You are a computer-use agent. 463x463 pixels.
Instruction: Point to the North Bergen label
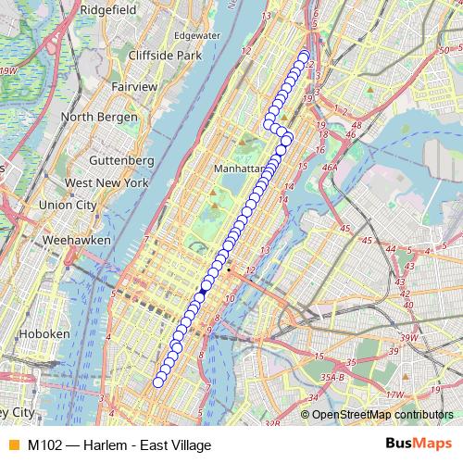pyautogui.click(x=99, y=118)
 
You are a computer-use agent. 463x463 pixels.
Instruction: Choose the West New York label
pyautogui.click(x=107, y=183)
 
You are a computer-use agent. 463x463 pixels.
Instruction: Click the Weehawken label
pyautogui.click(x=77, y=240)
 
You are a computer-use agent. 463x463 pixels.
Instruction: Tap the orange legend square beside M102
pyautogui.click(x=12, y=444)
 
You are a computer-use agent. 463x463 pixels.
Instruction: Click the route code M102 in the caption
pyautogui.click(x=45, y=444)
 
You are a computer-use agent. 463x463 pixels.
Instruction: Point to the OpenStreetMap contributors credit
pyautogui.click(x=382, y=415)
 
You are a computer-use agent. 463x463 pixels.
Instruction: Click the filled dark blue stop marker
pyautogui.click(x=203, y=290)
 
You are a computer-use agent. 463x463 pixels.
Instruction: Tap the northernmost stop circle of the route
pyautogui.click(x=304, y=56)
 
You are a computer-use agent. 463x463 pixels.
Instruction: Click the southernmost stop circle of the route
pyautogui.click(x=158, y=381)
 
